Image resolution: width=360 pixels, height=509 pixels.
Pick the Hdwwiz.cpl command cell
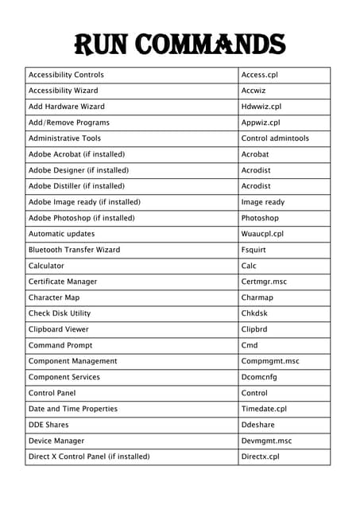click(x=261, y=107)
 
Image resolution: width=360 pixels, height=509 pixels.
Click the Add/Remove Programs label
click(x=69, y=122)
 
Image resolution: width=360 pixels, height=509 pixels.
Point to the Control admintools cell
click(x=275, y=138)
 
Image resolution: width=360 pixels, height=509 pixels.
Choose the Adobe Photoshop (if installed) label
click(x=81, y=218)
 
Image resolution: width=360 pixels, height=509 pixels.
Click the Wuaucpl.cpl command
click(x=262, y=234)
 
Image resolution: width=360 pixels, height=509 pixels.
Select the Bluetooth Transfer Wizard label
click(x=74, y=250)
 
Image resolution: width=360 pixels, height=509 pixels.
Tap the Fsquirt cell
click(x=255, y=250)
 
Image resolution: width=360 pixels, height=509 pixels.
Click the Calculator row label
click(x=46, y=266)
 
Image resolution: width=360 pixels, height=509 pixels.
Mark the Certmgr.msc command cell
click(x=264, y=282)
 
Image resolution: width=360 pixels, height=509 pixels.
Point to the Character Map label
click(x=54, y=297)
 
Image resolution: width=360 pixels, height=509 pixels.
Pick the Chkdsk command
click(x=254, y=313)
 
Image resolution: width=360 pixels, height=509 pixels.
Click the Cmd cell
click(x=250, y=345)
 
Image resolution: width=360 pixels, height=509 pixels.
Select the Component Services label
click(x=64, y=377)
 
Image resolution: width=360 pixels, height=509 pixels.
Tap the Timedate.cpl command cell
click(x=264, y=409)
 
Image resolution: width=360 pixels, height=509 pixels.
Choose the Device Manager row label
click(x=56, y=441)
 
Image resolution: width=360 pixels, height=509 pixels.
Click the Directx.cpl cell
click(x=261, y=457)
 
